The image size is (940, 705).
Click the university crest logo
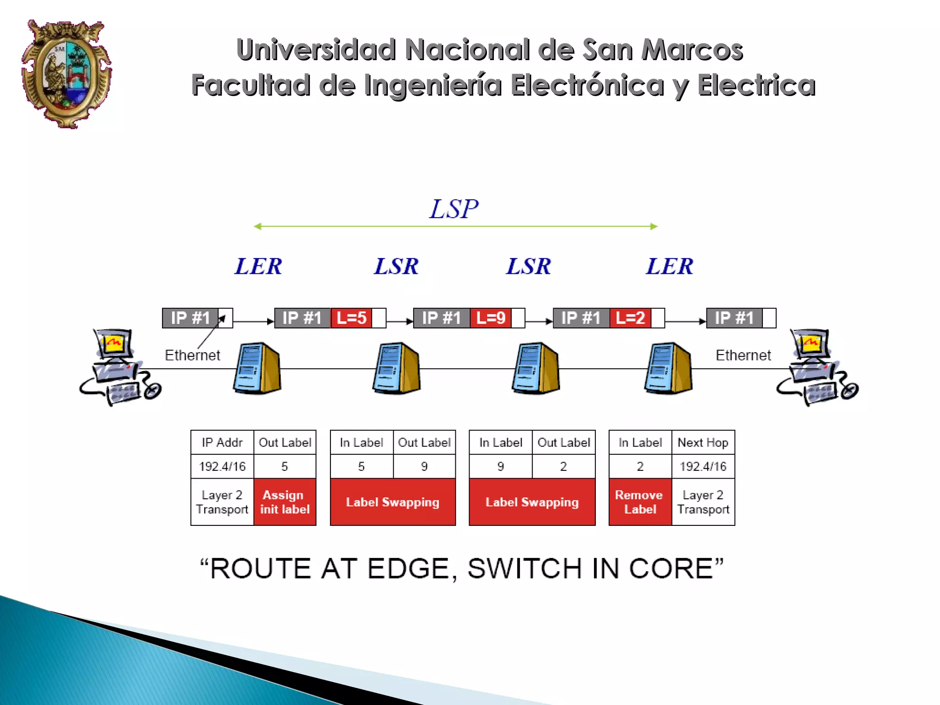66,73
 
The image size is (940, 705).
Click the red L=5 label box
352,318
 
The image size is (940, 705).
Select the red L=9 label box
491,318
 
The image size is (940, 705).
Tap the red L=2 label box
630,318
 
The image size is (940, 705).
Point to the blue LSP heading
453,209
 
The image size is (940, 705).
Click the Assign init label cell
285,502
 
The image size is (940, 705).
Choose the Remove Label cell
640,502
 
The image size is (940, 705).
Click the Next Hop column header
703,442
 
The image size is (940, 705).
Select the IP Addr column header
222,442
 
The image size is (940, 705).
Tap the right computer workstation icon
817,367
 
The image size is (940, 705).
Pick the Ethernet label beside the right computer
743,355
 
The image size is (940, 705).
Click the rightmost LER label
669,266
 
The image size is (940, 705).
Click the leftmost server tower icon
257,368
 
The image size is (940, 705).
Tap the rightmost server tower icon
668,368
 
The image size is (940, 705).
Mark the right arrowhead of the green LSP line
654,226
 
